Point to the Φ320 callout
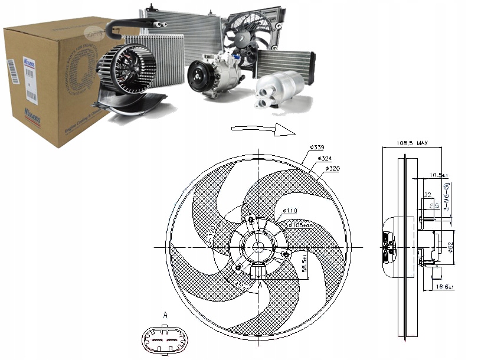(331, 169)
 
